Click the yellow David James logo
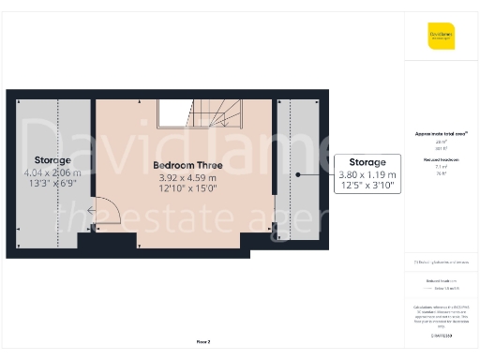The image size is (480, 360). (441, 37)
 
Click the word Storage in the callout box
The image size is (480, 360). (367, 162)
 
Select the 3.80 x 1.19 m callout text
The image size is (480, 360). (367, 174)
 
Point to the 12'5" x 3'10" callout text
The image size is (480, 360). (367, 186)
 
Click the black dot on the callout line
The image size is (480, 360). (298, 174)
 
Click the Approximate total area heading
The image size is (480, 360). (441, 133)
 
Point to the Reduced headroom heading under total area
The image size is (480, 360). (441, 160)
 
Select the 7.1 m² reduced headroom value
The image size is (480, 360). (441, 167)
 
